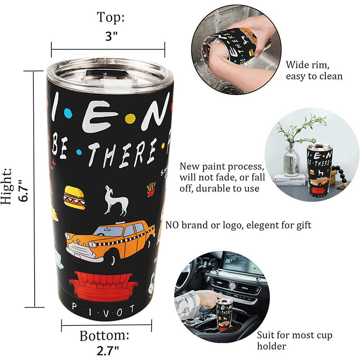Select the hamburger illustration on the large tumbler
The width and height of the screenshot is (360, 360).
(74, 197)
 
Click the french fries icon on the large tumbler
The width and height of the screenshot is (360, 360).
(151, 189)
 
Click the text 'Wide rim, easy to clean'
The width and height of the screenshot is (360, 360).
(314, 70)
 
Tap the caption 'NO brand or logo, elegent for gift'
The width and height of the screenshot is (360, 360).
(238, 225)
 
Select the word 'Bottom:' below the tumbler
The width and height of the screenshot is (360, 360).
(104, 335)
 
